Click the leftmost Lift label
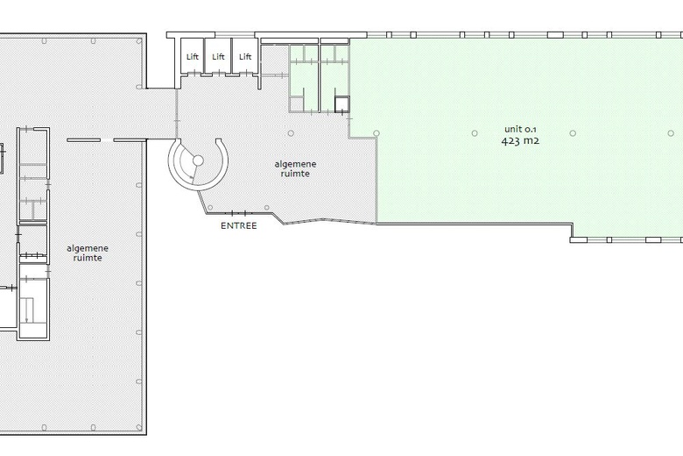(x=192, y=57)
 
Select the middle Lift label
(x=218, y=57)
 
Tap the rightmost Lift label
(x=245, y=57)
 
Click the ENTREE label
(x=239, y=225)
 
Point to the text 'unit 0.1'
(x=520, y=129)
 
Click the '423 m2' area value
(x=520, y=141)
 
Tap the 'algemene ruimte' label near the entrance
(x=295, y=169)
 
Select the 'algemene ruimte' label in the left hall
(x=88, y=253)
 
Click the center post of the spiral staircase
(x=198, y=160)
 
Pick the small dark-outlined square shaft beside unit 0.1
(x=341, y=104)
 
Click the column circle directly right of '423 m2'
(x=573, y=133)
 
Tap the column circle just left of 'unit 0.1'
(x=475, y=133)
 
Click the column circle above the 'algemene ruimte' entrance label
(x=291, y=133)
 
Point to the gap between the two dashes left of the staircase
(x=107, y=140)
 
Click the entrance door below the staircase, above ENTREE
(x=239, y=213)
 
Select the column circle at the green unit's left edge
(x=377, y=133)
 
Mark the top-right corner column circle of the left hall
(x=139, y=41)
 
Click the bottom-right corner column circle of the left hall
(x=139, y=427)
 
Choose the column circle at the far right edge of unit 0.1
(x=671, y=133)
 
